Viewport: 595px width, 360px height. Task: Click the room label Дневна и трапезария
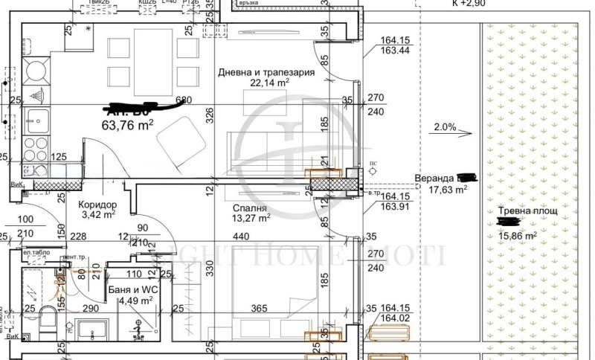[x=266, y=73]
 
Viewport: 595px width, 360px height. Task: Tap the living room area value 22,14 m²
[x=268, y=84]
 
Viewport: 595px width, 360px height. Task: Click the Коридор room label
[x=97, y=204]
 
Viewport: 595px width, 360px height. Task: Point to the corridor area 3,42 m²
[x=97, y=215]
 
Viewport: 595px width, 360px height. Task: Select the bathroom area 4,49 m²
[x=136, y=300]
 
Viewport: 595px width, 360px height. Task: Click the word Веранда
[x=434, y=179]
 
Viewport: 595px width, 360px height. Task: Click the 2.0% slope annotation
[x=443, y=127]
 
